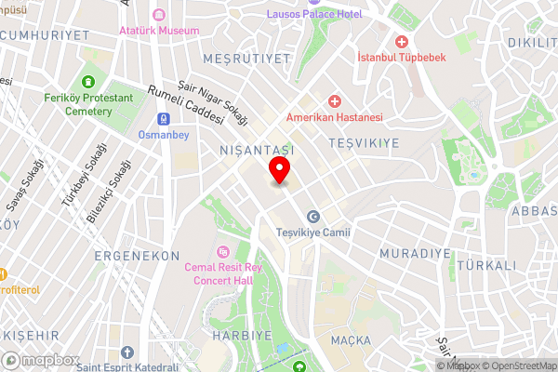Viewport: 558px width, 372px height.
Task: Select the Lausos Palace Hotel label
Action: coord(314,14)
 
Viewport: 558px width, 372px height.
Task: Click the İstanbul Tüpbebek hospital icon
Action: coord(402,42)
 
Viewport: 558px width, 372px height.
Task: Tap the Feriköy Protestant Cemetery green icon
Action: coord(89,82)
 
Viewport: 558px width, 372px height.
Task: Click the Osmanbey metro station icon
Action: coord(163,120)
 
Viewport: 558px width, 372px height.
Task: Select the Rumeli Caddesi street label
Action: coord(185,104)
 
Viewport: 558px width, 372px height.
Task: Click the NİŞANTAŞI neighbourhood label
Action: coord(256,149)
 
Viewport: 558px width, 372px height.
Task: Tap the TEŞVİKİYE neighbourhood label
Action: coord(364,142)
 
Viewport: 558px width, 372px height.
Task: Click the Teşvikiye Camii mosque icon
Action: coord(312,216)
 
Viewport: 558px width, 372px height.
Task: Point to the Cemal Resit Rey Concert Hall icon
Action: coord(223,251)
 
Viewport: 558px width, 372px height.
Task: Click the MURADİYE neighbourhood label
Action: coord(415,252)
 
